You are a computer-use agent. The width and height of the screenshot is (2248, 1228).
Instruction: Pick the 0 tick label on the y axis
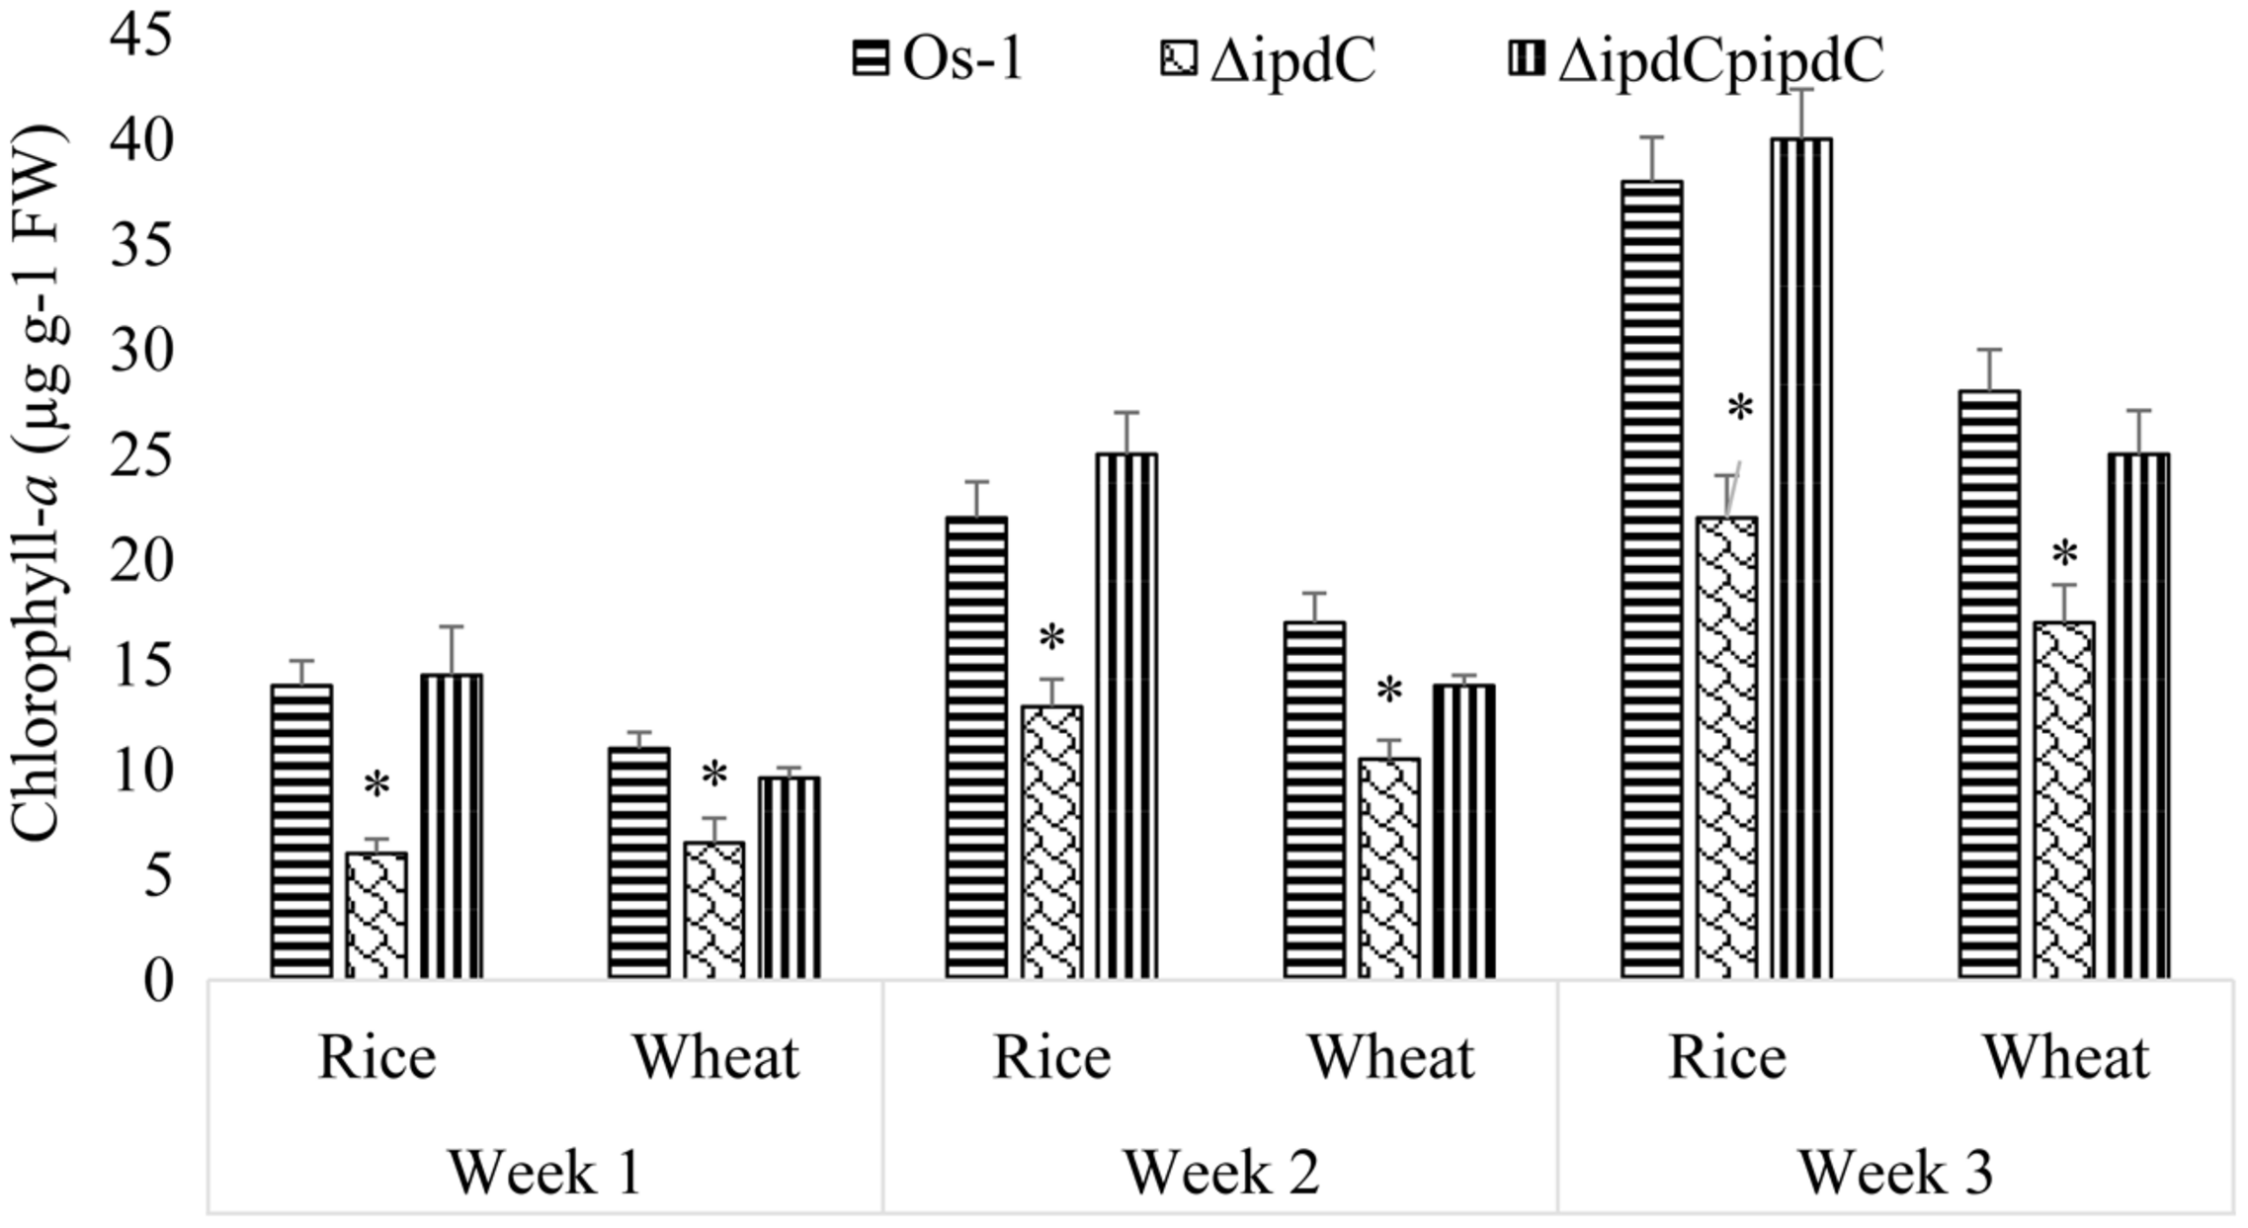158,980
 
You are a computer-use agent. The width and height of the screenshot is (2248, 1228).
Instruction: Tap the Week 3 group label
1894,1173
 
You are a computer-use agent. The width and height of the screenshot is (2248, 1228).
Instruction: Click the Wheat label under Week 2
1391,1057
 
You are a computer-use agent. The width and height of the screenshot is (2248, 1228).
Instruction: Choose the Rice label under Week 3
1726,1057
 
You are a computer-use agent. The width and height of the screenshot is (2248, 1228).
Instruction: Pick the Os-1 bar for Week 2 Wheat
1314,800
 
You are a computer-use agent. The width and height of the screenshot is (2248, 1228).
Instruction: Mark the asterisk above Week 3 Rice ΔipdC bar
1739,408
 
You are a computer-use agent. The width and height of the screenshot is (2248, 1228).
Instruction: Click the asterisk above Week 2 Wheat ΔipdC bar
1389,692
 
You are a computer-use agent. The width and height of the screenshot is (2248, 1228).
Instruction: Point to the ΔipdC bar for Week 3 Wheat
2063,800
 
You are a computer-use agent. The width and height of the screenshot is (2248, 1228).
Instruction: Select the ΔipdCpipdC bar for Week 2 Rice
1126,716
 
